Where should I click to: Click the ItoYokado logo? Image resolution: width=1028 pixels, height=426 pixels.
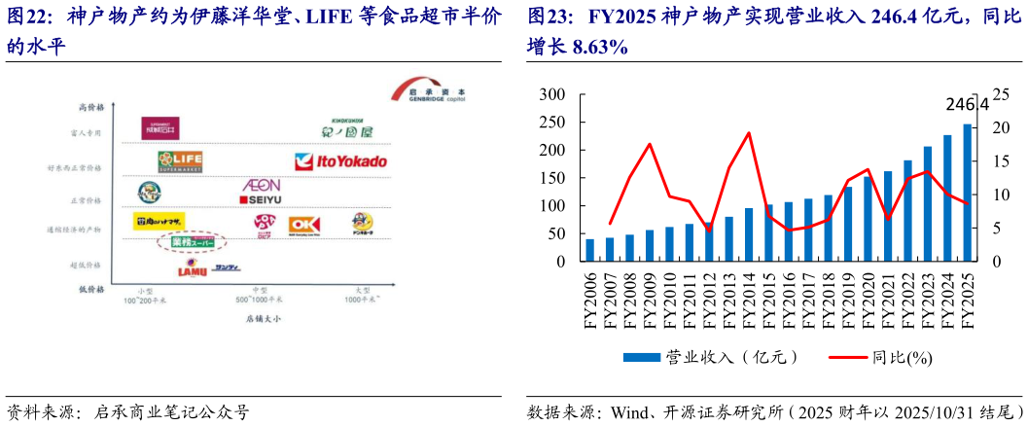(340, 160)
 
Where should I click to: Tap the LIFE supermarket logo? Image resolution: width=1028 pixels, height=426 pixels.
(180, 160)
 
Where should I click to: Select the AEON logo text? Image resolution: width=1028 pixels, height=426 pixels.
(260, 185)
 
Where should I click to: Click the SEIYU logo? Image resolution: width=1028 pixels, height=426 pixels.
(260, 200)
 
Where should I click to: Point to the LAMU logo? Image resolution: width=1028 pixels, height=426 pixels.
(192, 269)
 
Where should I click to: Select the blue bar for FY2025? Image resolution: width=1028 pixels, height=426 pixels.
(968, 193)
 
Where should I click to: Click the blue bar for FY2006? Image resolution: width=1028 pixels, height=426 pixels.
(590, 250)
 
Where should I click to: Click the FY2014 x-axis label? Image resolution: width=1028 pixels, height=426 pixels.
(749, 302)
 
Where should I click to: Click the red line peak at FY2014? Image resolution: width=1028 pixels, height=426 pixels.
(749, 133)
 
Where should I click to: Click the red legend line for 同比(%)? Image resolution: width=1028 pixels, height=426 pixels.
(846, 357)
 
